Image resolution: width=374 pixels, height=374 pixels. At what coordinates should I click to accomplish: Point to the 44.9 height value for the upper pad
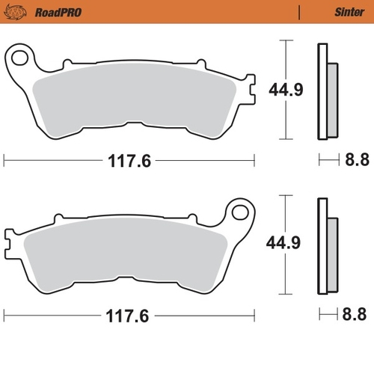click(286, 90)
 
